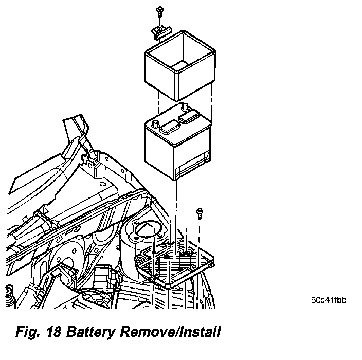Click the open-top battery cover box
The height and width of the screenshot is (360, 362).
click(x=180, y=67)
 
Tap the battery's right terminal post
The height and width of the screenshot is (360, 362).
click(x=184, y=107)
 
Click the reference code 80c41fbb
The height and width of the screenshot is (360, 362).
click(x=328, y=299)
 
